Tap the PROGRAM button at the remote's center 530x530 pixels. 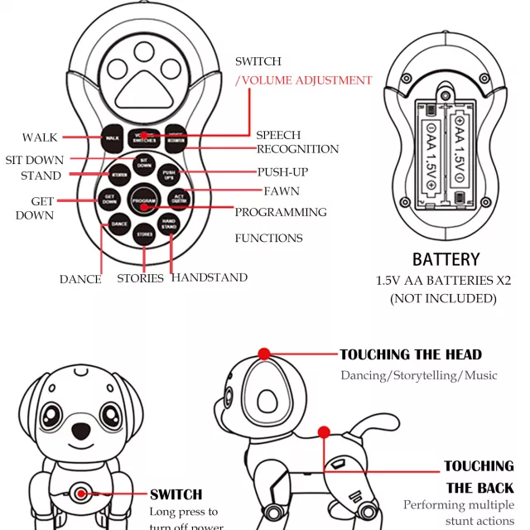[x=143, y=201]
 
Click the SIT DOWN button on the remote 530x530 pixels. [x=143, y=164]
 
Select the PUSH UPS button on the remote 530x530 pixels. [x=169, y=176]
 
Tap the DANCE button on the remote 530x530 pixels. [x=119, y=224]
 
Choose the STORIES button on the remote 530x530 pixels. [x=144, y=234]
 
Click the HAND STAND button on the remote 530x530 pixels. [x=169, y=224]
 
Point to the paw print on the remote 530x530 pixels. [x=144, y=79]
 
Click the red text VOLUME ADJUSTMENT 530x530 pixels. [x=305, y=80]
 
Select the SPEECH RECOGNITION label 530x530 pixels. [x=296, y=142]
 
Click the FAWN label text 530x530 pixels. [x=281, y=191]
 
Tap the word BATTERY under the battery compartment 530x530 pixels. [x=446, y=259]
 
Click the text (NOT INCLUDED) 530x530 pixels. [x=444, y=298]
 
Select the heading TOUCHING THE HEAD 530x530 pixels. [x=410, y=354]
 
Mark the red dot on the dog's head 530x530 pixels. [x=264, y=354]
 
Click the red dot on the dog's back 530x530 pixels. [x=324, y=431]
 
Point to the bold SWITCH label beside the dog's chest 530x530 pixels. [x=176, y=494]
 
